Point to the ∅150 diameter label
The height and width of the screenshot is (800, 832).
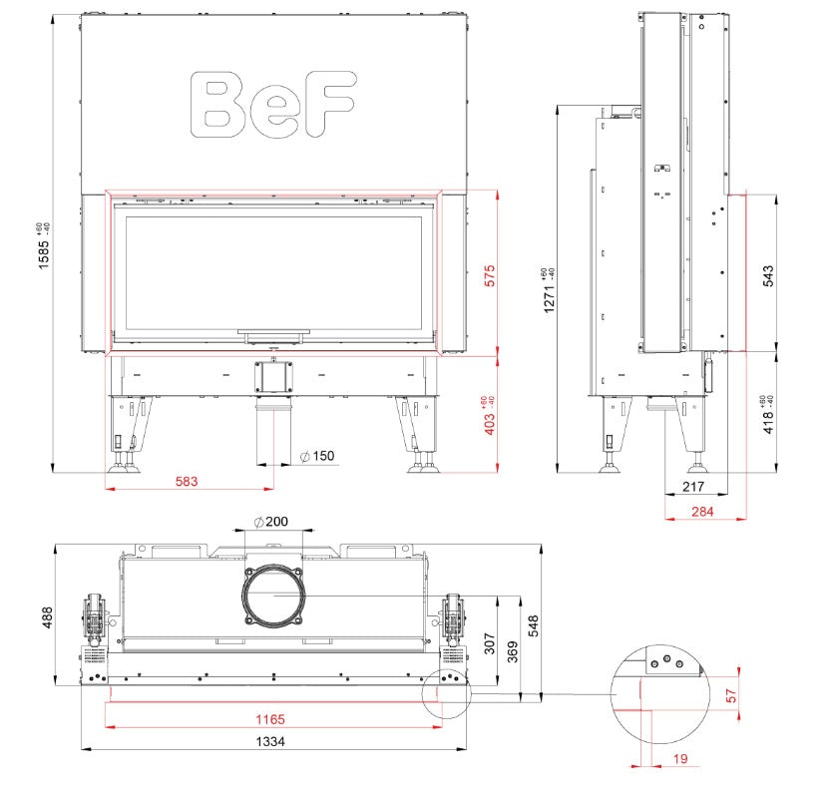click(316, 457)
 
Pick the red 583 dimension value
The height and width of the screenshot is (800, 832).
click(187, 481)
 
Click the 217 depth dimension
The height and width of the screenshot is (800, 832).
click(693, 488)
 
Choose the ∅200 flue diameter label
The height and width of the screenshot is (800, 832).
click(270, 522)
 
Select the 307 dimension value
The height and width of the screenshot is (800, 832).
click(489, 643)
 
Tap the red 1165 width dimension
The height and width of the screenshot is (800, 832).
click(269, 718)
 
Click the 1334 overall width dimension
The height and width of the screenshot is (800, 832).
click(269, 741)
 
